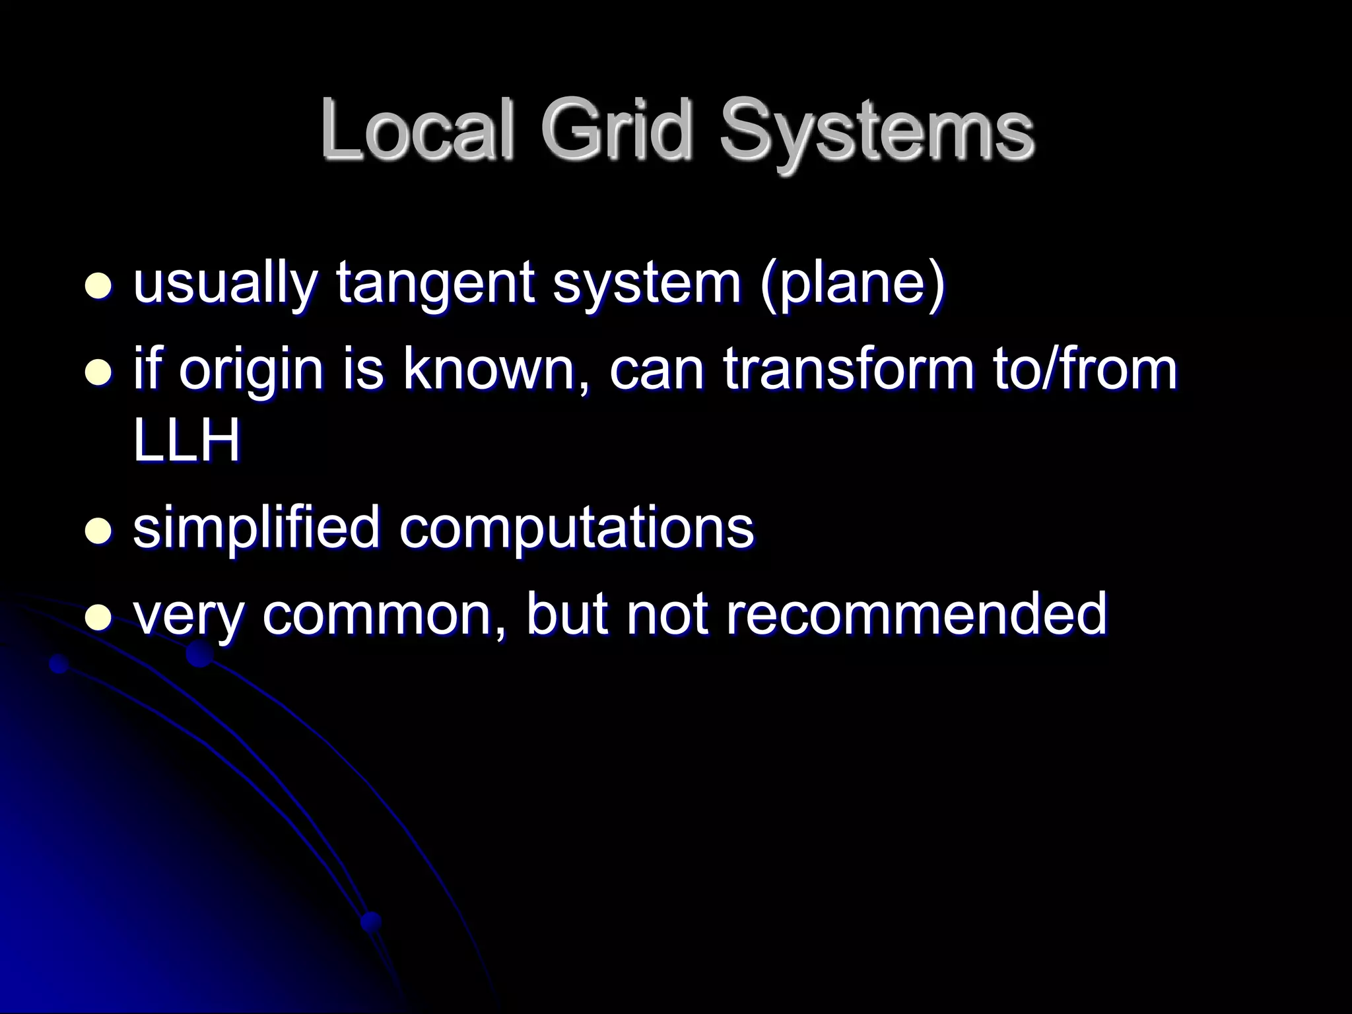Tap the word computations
click(576, 528)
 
